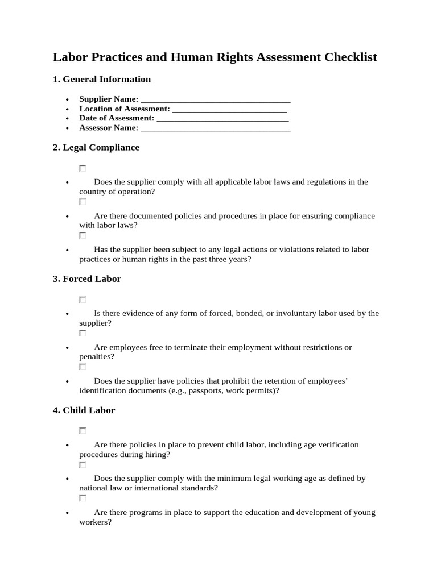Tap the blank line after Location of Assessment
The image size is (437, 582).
click(229, 109)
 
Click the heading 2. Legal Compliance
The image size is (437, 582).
click(96, 148)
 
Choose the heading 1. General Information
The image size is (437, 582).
click(101, 80)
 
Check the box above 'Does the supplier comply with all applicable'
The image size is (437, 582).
click(83, 168)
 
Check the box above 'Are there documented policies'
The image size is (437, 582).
click(83, 202)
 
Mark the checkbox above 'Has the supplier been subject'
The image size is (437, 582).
click(83, 235)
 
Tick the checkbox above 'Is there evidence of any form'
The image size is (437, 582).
click(83, 300)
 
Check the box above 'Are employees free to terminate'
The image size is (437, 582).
click(83, 333)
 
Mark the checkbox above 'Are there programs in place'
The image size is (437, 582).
click(83, 498)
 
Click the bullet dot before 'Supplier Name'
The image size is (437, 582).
click(68, 100)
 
